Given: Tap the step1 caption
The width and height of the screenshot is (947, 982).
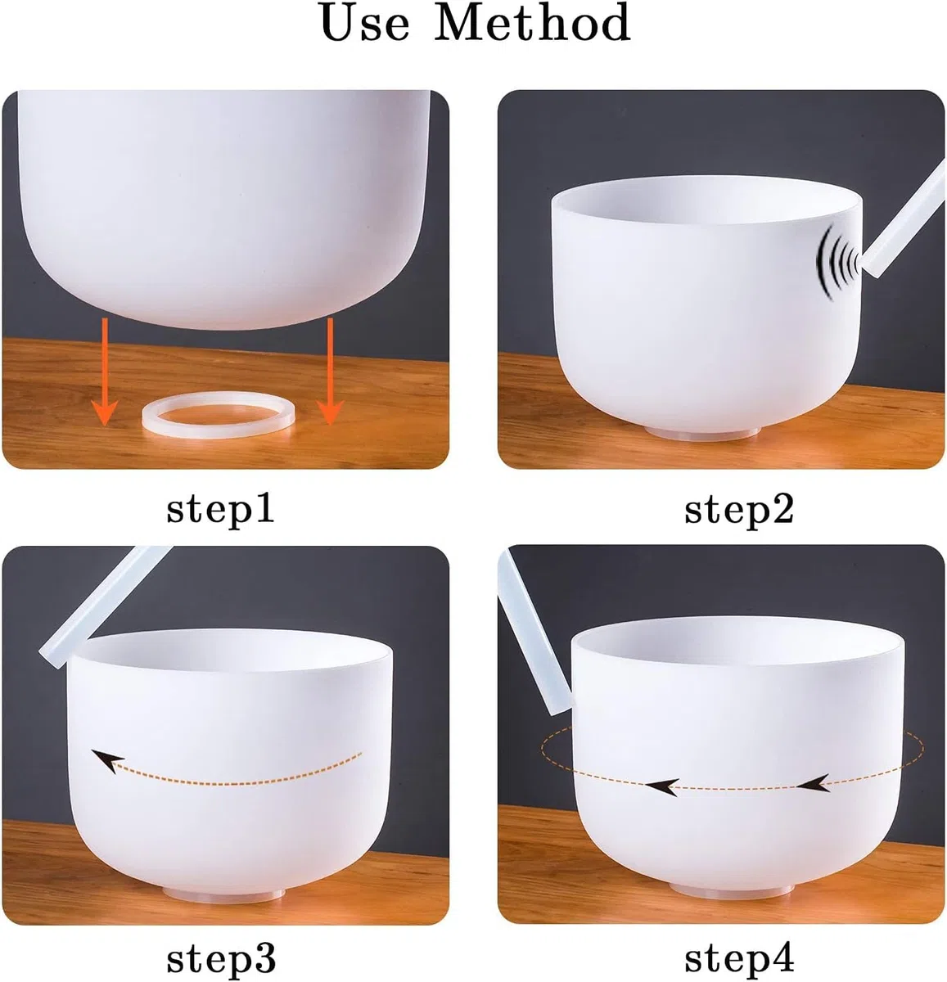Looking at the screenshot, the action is click(x=220, y=510).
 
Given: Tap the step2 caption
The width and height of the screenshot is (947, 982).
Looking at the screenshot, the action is click(x=738, y=510).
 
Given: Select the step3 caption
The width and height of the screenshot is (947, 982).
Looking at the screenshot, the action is click(x=221, y=959).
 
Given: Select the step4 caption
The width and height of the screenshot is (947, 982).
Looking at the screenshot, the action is click(x=738, y=959).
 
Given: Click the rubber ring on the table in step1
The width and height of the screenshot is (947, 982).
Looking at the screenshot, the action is click(x=218, y=430).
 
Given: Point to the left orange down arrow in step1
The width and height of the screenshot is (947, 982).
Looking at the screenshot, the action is click(x=105, y=372).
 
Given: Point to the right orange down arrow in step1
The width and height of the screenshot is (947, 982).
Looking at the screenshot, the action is click(x=330, y=372).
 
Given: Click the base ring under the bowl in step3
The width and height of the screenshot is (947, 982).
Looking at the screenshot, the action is click(x=224, y=894).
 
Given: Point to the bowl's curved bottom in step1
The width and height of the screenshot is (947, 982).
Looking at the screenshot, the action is click(x=224, y=282).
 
